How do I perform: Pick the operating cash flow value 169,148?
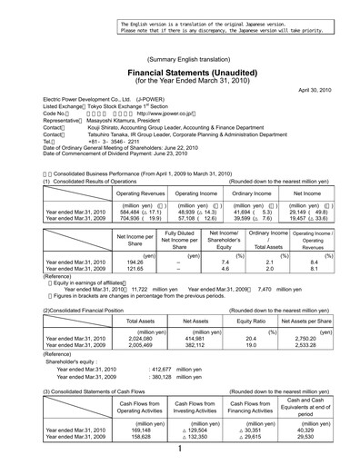(x=142, y=428)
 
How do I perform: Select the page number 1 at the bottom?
(x=180, y=448)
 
